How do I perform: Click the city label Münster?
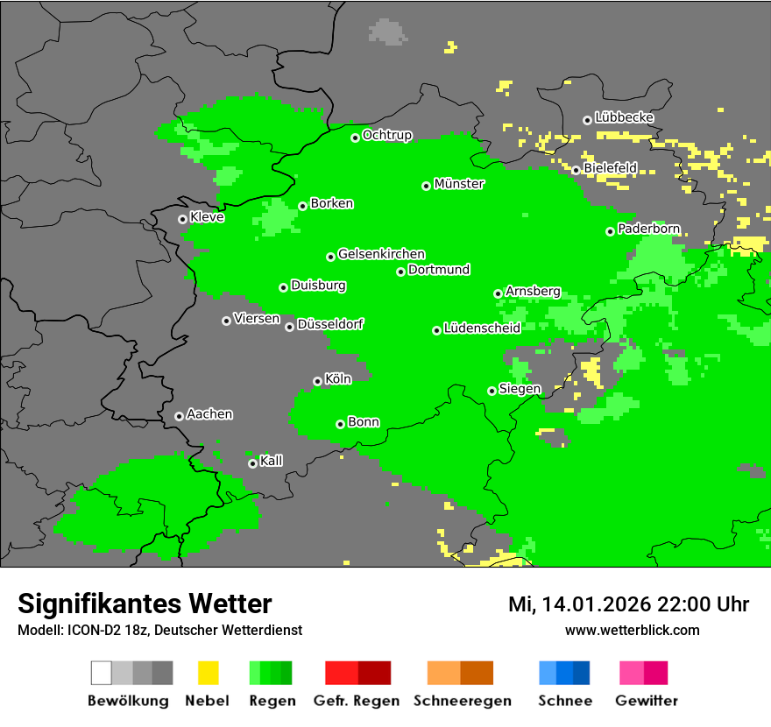(459, 184)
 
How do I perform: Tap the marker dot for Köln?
(317, 381)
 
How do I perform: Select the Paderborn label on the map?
(648, 229)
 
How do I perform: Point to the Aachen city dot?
(179, 416)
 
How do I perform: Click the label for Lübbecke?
(624, 117)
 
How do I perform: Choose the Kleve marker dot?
(182, 219)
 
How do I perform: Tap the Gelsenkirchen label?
(381, 254)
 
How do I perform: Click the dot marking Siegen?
(492, 391)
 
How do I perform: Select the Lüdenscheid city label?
(482, 328)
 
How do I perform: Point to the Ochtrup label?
(386, 135)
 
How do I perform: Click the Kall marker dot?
(252, 463)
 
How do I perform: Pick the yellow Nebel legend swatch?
(208, 673)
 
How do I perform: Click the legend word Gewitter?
(647, 701)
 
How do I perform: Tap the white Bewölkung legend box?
(102, 673)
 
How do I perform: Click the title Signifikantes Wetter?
(145, 603)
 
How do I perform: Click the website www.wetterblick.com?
(632, 630)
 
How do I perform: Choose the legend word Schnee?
(565, 701)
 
